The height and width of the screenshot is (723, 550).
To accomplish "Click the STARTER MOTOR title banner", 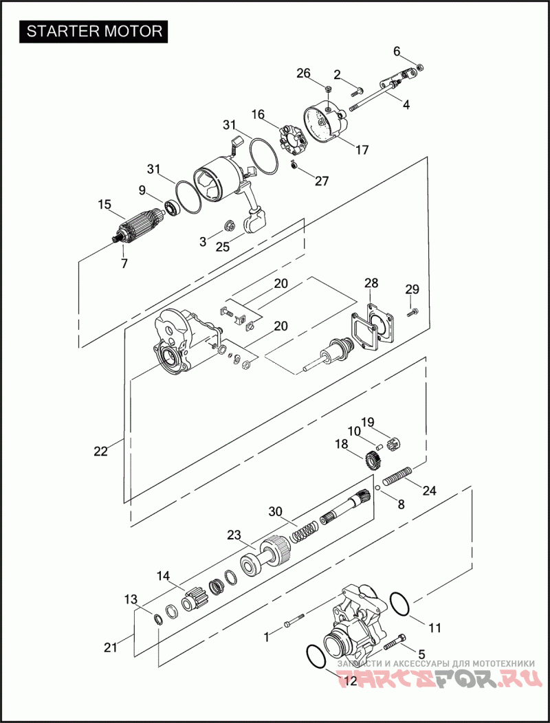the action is click(93, 32).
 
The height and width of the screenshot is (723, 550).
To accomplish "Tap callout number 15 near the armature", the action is click(104, 204).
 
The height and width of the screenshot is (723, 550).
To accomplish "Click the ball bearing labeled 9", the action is click(172, 208).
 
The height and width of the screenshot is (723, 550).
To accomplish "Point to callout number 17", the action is click(362, 150).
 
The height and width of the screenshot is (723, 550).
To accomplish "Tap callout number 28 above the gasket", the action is click(371, 282).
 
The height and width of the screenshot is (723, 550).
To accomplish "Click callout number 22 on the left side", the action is click(100, 452).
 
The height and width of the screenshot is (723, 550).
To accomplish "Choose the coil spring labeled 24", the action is click(397, 476).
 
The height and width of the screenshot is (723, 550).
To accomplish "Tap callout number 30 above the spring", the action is click(276, 512).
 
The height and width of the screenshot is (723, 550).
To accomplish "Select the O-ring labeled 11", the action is click(400, 604).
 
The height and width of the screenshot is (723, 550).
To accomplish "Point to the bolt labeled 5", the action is click(395, 641).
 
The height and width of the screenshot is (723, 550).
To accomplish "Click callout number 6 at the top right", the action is click(397, 51).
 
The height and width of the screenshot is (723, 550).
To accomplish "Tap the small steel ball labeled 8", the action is click(377, 489).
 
